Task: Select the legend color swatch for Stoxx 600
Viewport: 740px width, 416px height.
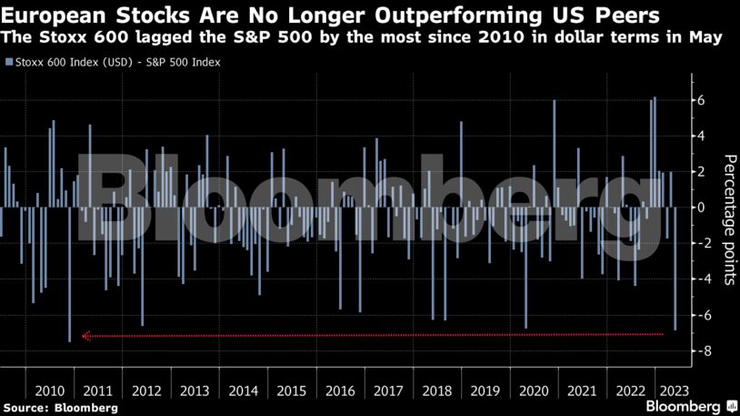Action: [8, 63]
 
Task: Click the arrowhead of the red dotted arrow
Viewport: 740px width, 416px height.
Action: [85, 336]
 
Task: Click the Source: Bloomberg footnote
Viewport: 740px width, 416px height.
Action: [60, 408]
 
